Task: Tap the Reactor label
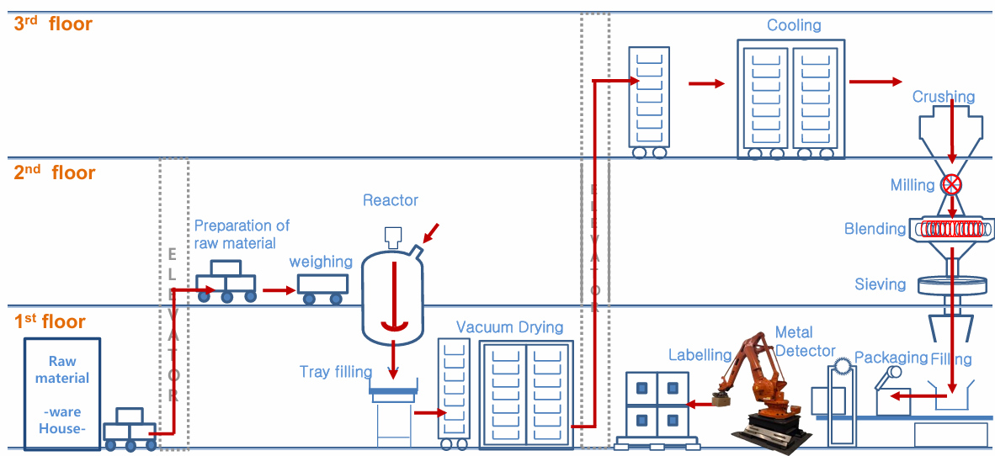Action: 391,200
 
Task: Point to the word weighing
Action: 321,262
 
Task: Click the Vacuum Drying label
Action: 510,327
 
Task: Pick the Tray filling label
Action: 336,372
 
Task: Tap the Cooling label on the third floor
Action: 794,25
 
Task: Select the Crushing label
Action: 944,98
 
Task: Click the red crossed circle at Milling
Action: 951,183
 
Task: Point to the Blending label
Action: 875,229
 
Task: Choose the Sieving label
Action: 881,284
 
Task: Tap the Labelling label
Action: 701,355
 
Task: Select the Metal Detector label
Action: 805,342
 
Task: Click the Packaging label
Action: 891,358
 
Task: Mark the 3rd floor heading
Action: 53,24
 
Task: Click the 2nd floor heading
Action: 54,172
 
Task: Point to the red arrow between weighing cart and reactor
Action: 277,290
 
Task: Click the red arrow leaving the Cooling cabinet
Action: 875,82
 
